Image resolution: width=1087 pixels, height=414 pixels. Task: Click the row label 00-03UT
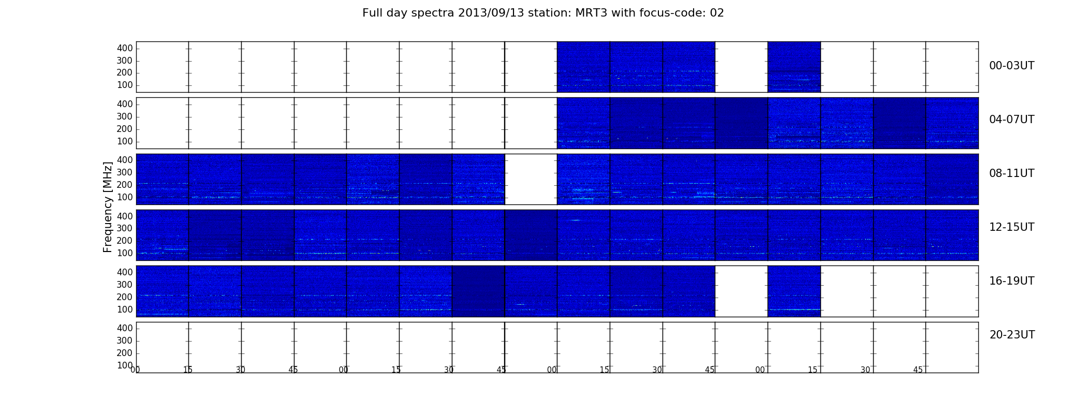pyautogui.click(x=1011, y=66)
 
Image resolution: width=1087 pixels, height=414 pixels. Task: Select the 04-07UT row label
pyautogui.click(x=1011, y=120)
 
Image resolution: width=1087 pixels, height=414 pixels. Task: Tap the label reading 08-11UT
pyautogui.click(x=1011, y=173)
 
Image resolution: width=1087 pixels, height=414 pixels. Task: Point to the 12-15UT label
pyautogui.click(x=1011, y=227)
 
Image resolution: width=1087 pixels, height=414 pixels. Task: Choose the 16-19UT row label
pyautogui.click(x=1011, y=281)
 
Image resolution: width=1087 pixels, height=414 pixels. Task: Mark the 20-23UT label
pyautogui.click(x=1012, y=335)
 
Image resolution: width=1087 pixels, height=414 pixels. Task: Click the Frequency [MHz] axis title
pyautogui.click(x=108, y=207)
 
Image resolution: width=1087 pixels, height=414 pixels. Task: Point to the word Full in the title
pyautogui.click(x=372, y=13)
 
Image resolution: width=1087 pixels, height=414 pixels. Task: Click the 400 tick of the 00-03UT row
pyautogui.click(x=125, y=48)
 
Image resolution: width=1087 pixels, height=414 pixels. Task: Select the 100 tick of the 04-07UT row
pyautogui.click(x=125, y=141)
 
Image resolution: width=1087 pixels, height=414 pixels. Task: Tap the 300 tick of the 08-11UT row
pyautogui.click(x=125, y=172)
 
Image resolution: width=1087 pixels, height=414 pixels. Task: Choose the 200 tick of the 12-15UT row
pyautogui.click(x=125, y=241)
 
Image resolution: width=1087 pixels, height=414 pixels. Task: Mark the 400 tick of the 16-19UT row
pyautogui.click(x=125, y=272)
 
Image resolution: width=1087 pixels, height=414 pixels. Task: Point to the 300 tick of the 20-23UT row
pyautogui.click(x=125, y=341)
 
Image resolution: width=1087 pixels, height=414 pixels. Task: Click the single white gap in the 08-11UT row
pyautogui.click(x=531, y=179)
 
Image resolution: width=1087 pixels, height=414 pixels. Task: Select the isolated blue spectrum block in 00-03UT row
pyautogui.click(x=794, y=67)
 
